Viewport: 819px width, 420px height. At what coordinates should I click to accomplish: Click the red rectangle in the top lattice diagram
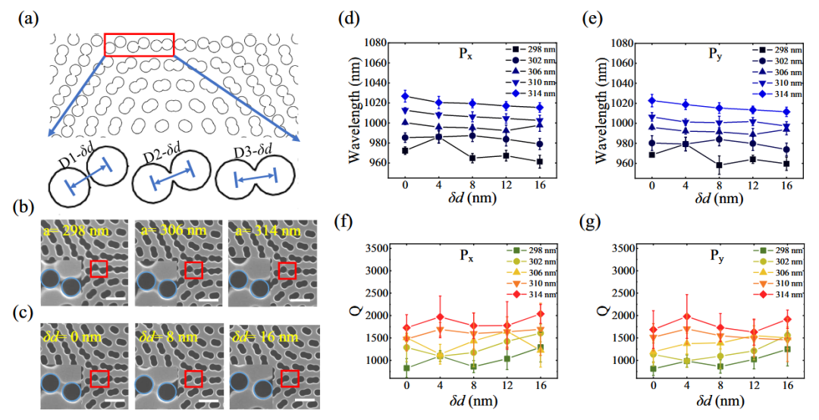(x=139, y=44)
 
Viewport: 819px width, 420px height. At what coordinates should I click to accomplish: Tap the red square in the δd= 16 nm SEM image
(x=289, y=378)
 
